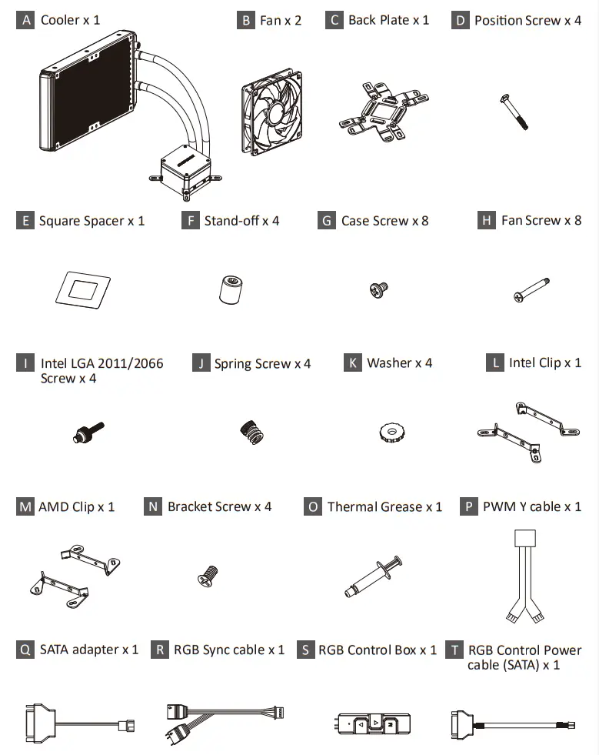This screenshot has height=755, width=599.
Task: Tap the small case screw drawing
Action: coord(378,289)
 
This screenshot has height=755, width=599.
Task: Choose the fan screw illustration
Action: coord(530,291)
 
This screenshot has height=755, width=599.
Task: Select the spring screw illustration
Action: coord(251,433)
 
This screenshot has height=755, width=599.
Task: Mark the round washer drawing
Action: coord(393,433)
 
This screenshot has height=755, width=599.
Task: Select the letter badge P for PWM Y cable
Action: coord(468,507)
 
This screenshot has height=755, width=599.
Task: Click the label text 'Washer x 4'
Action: coord(399,363)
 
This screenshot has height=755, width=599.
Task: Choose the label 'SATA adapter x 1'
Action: coord(88,650)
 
